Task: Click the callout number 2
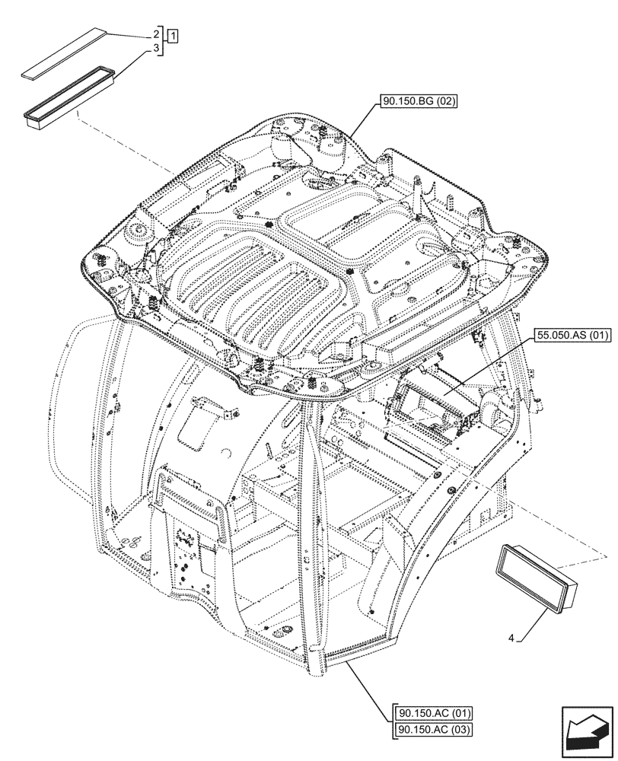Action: click(x=155, y=35)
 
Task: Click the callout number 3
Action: click(x=155, y=48)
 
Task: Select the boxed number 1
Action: click(x=174, y=35)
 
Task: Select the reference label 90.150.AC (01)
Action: click(x=434, y=714)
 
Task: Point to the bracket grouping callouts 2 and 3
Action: click(x=163, y=41)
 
